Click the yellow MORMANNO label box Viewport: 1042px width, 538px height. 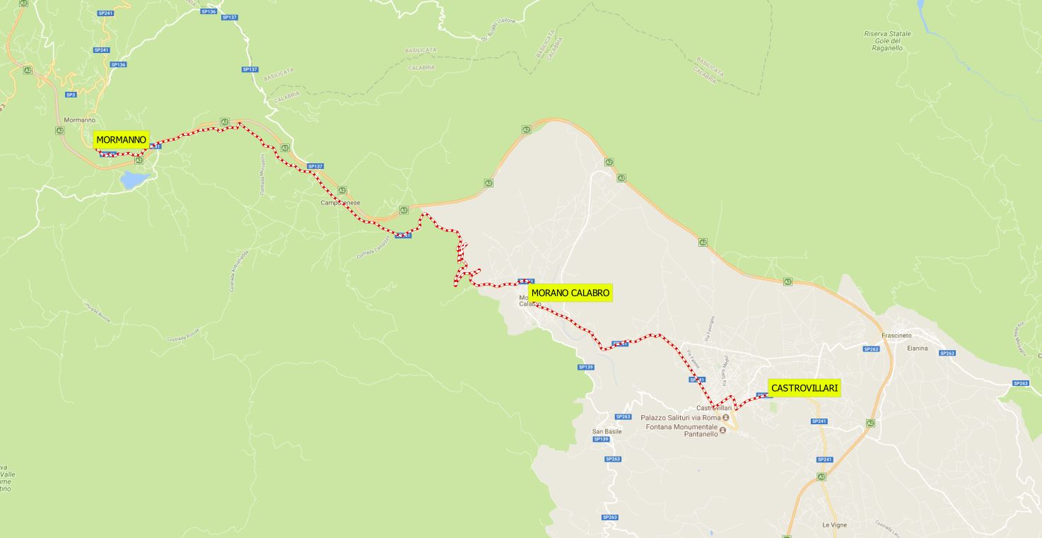pyautogui.click(x=121, y=140)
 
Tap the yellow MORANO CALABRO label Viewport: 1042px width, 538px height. pyautogui.click(x=570, y=293)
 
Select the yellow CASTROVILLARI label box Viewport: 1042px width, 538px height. pyautogui.click(x=804, y=388)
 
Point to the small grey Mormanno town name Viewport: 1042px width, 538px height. pyautogui.click(x=79, y=120)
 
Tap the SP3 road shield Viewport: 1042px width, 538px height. pyautogui.click(x=71, y=95)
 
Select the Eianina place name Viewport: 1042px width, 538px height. pyautogui.click(x=917, y=349)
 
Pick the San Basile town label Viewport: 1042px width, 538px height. pyautogui.click(x=607, y=431)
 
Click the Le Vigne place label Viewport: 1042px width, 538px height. pyautogui.click(x=834, y=525)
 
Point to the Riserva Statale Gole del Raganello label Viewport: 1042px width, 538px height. pyautogui.click(x=887, y=41)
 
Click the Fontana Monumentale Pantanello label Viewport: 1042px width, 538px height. pyautogui.click(x=679, y=431)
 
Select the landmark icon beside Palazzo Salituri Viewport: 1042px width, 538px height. pyautogui.click(x=725, y=417)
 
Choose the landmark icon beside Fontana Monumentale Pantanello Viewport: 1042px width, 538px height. pyautogui.click(x=722, y=431)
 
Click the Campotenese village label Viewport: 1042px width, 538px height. pyautogui.click(x=341, y=203)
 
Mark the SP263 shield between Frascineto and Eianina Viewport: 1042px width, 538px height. pyautogui.click(x=871, y=349)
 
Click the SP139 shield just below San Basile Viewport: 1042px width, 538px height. pyautogui.click(x=601, y=439)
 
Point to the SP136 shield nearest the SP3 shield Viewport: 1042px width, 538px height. pyautogui.click(x=118, y=64)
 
